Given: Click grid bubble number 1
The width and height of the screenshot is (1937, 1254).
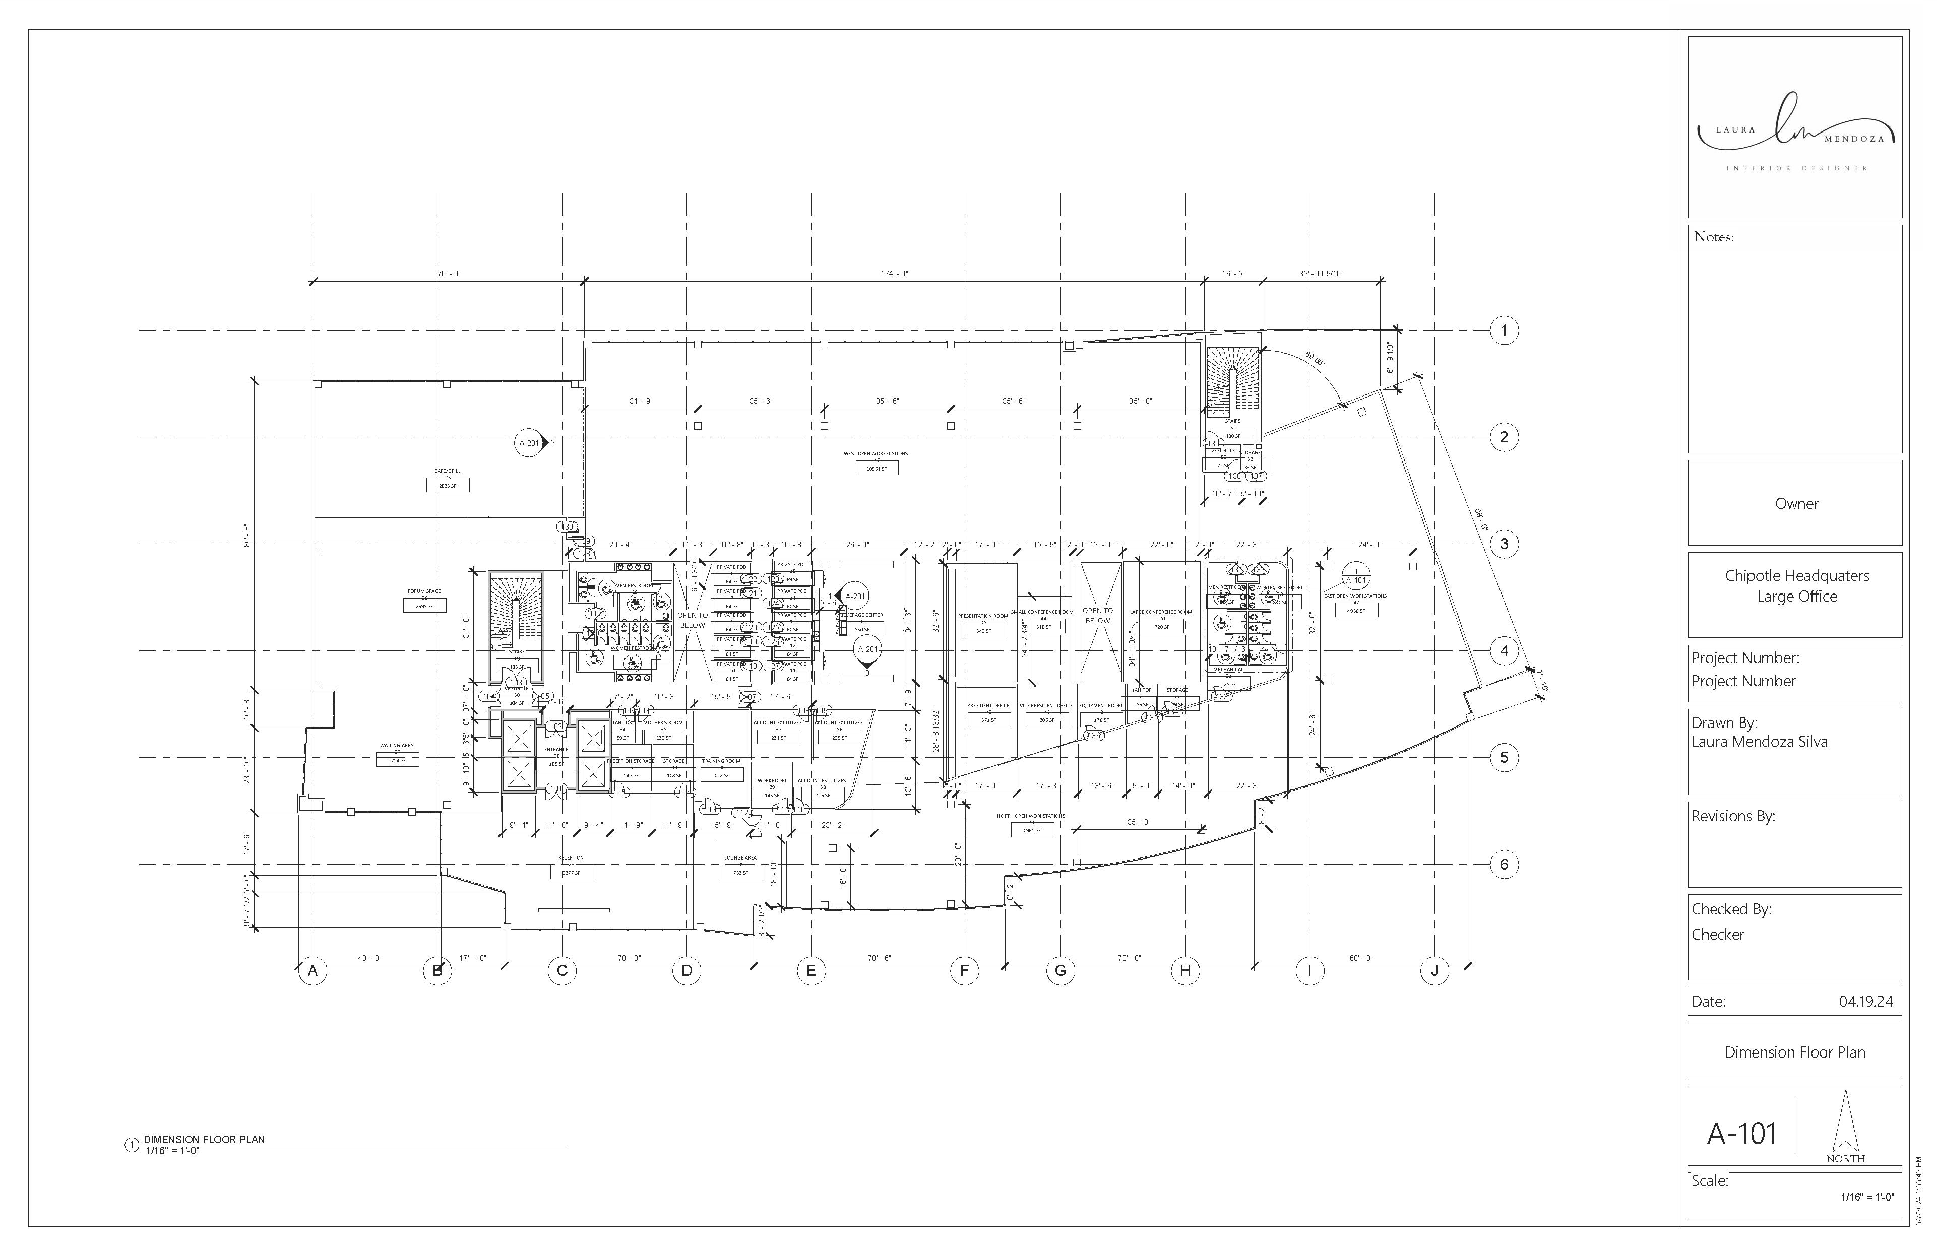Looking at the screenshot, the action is [1503, 331].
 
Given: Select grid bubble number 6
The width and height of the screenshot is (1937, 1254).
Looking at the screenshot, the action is [1503, 864].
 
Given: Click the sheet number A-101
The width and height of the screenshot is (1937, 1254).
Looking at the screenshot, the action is [1741, 1133].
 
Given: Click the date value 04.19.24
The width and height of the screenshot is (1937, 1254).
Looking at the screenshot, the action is [1865, 1001].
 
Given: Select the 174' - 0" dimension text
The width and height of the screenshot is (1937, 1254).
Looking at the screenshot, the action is [894, 274].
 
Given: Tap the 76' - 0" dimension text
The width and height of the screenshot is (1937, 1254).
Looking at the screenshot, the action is [449, 274].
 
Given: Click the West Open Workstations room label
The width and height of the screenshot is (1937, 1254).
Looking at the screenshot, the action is [876, 453].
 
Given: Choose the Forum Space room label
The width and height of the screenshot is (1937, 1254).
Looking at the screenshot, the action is [424, 591].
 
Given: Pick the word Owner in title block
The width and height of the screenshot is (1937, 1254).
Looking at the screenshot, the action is [1796, 504].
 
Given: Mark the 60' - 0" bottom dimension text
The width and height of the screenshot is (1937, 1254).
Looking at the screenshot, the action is [1361, 958].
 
